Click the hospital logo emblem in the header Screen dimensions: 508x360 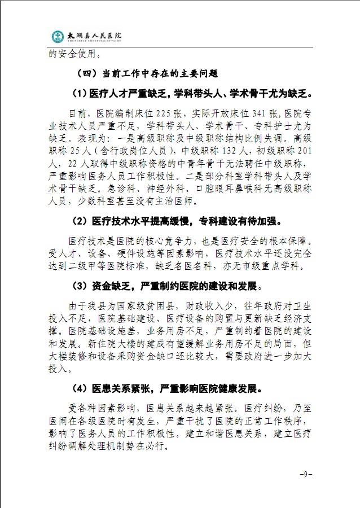57,36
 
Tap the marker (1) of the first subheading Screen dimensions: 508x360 80,93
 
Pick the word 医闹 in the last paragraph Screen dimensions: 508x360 58,421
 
